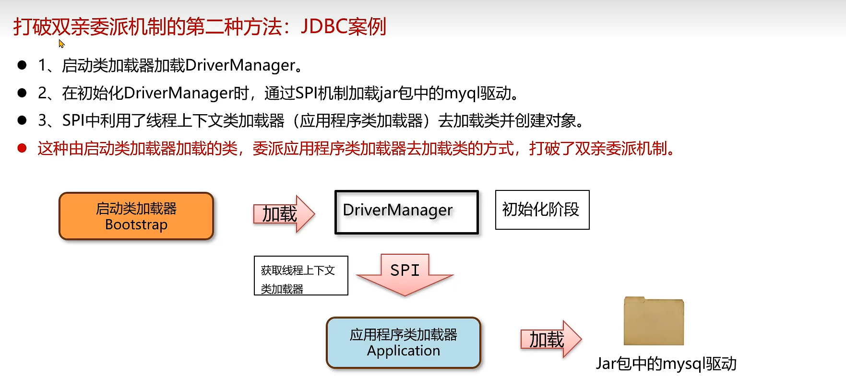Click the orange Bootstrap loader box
tap(136, 216)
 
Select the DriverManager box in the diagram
tap(406, 212)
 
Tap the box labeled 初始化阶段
tap(542, 210)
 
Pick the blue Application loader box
tap(403, 342)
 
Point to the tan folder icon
tap(654, 321)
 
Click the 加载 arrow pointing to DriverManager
tap(283, 214)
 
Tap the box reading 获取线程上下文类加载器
tap(300, 276)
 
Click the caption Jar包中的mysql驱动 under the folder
tap(666, 364)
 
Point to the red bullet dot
tap(22, 148)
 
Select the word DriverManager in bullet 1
tap(240, 65)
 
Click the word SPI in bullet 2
tap(307, 93)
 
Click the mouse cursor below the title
tap(61, 44)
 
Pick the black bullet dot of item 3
tap(22, 120)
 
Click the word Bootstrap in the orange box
tap(136, 224)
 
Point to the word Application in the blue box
tap(403, 351)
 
